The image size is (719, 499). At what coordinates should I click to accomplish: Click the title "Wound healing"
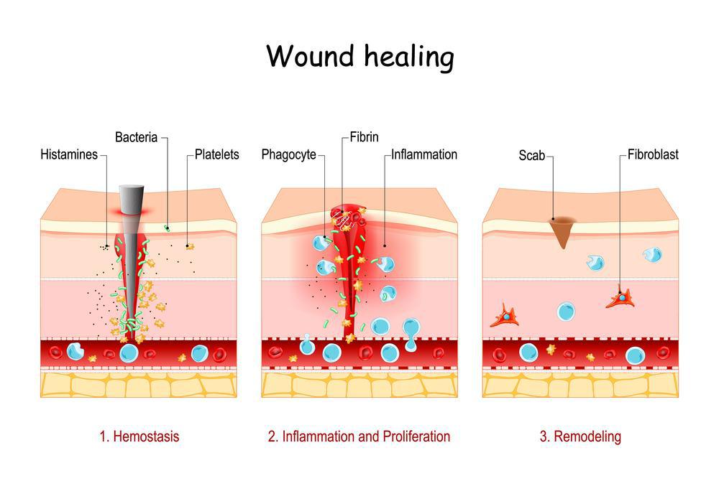point(360,56)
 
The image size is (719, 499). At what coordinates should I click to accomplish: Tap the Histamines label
point(69,154)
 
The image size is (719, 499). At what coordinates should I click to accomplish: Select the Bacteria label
point(137,136)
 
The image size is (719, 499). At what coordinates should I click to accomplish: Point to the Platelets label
point(216,154)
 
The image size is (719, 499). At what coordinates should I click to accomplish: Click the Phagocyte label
point(288,154)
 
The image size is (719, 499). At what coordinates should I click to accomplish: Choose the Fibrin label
point(365,136)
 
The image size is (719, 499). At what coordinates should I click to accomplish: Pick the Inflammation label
point(424,154)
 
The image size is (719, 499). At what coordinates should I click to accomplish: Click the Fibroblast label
point(653,154)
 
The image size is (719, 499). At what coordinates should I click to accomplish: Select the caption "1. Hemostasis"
point(139,436)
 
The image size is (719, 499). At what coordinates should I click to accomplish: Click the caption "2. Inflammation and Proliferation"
point(359,436)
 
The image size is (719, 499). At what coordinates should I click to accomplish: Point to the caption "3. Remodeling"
point(580,436)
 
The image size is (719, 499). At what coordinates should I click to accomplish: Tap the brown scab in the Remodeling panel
point(562,230)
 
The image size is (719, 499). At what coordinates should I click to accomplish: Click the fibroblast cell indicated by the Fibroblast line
point(620,297)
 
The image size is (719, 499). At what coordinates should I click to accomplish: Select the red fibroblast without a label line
point(505,316)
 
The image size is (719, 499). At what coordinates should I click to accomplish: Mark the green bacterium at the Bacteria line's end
point(167,228)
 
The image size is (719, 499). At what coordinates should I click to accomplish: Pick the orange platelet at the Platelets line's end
point(190,247)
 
